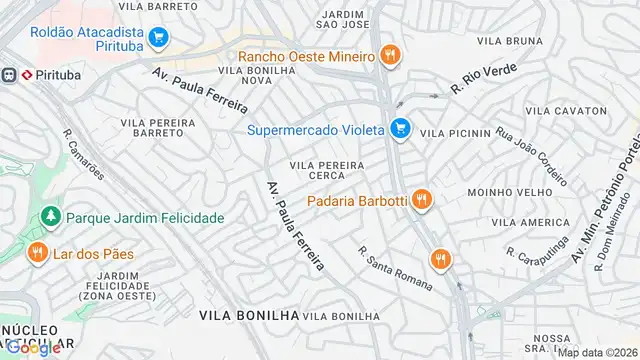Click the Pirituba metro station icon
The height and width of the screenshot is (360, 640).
click(11, 75)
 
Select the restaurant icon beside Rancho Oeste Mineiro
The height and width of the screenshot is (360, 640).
click(391, 56)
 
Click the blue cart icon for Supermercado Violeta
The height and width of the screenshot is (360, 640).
click(401, 128)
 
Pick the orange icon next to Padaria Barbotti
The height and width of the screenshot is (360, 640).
click(422, 200)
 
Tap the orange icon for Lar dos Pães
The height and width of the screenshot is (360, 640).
click(38, 253)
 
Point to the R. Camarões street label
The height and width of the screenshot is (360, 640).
click(83, 153)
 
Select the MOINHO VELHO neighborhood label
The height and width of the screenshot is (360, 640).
click(501, 190)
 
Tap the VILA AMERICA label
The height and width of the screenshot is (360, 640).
click(530, 221)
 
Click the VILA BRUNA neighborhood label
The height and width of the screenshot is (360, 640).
click(509, 41)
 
